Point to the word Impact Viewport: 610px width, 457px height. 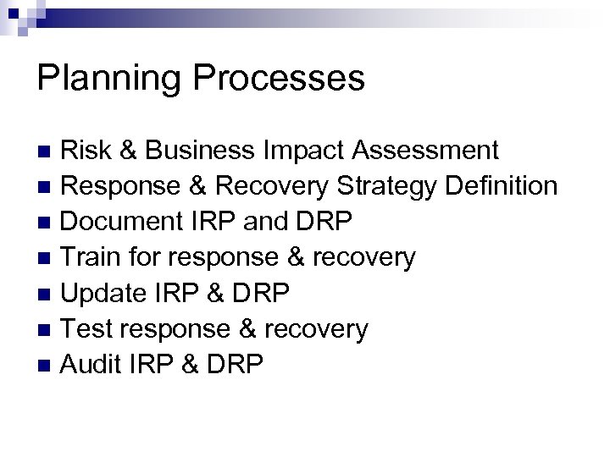(313, 151)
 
